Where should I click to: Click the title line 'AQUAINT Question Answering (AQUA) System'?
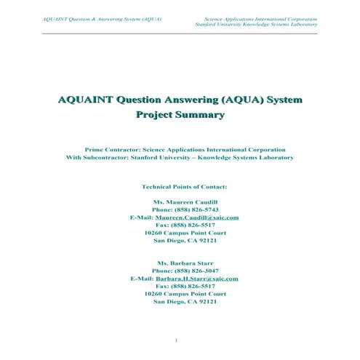tap(180, 99)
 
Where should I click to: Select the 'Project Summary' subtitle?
tap(180, 114)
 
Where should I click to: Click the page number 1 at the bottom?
tap(177, 340)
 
